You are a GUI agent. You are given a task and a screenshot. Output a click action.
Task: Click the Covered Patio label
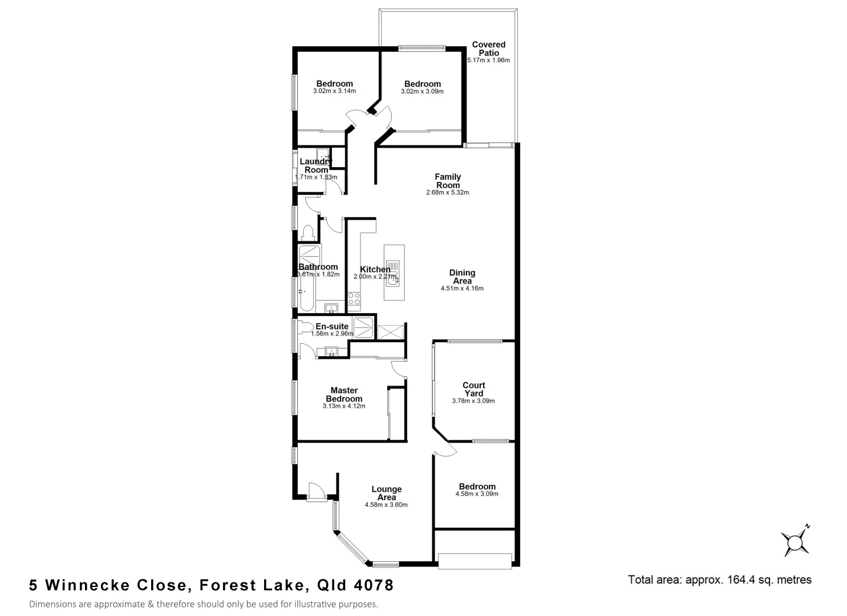point(488,48)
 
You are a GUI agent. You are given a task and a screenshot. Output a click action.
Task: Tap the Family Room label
point(448,181)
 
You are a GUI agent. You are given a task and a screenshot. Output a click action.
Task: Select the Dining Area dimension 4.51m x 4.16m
point(461,289)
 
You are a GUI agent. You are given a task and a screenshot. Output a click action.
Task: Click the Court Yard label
point(473,389)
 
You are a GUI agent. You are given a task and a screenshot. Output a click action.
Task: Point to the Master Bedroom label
point(344,395)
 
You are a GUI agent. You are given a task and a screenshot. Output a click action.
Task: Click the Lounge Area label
point(386,493)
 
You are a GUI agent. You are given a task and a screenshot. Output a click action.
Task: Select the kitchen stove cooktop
point(354,298)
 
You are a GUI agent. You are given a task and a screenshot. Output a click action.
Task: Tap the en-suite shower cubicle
point(363,327)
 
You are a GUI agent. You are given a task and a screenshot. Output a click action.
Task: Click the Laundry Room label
point(316,165)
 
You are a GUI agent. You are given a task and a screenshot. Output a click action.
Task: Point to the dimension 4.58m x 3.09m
point(477,494)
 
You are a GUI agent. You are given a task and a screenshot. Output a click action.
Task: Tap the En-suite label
point(332,326)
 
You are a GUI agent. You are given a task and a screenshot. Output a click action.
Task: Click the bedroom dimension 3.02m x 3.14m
point(334,91)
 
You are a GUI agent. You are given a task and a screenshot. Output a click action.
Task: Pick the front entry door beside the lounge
point(315,492)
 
